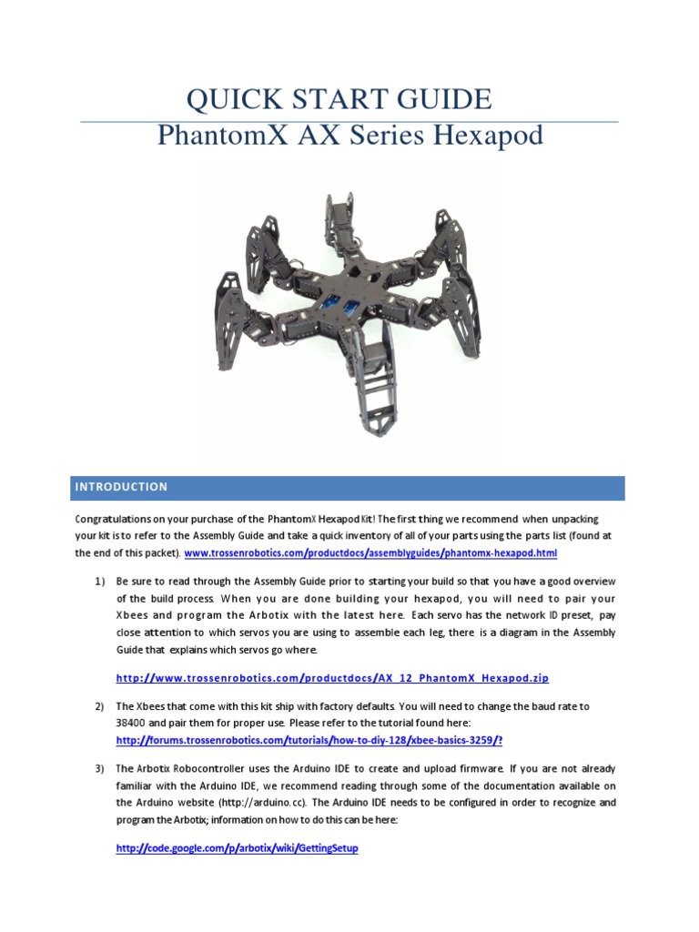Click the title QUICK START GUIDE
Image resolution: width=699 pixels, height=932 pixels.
339,98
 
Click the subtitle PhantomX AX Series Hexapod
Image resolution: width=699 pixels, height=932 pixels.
349,137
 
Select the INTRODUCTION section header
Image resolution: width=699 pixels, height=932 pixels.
121,487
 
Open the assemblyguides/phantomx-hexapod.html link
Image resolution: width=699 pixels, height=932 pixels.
370,552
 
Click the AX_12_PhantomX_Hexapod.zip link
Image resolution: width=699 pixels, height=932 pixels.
332,678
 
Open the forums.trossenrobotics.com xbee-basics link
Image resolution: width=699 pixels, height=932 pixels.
309,740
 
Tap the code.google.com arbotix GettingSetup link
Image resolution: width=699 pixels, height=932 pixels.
237,847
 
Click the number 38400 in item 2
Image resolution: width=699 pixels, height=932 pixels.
134,723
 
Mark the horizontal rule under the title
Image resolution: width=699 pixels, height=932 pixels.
349,121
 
